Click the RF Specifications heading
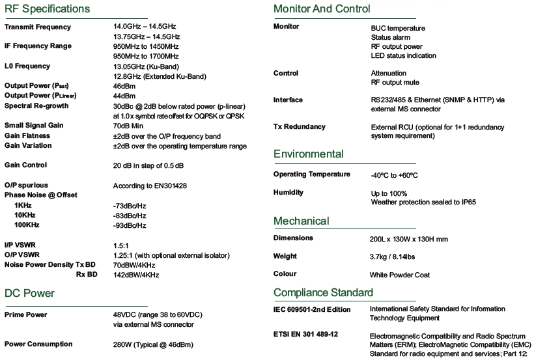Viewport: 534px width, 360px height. (x=47, y=9)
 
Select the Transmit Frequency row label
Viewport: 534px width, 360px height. (x=38, y=27)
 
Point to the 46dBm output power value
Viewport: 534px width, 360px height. (x=124, y=86)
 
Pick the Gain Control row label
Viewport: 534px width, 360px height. (x=25, y=165)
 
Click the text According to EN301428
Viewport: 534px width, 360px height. (x=150, y=186)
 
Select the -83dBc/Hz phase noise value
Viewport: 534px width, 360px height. (x=129, y=215)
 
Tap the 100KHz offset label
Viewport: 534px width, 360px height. (x=27, y=225)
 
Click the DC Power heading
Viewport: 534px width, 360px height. (x=29, y=293)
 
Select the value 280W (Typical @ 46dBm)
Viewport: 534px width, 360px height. (x=154, y=344)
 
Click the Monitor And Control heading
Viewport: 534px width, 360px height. (x=322, y=9)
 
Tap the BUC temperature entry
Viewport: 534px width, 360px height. (x=398, y=28)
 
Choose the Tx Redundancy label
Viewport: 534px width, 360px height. (x=299, y=126)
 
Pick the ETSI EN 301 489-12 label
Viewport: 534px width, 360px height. (x=305, y=334)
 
